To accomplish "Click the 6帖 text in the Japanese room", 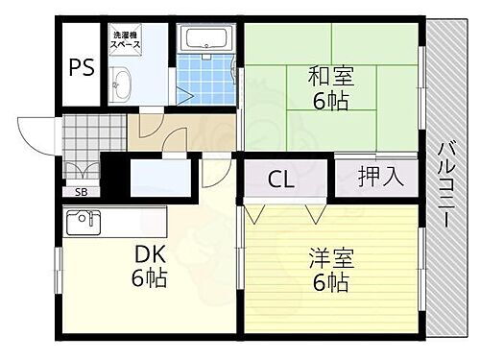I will tap(329, 99).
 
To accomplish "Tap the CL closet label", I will tap(280, 179).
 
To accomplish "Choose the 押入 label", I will tap(375, 176).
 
